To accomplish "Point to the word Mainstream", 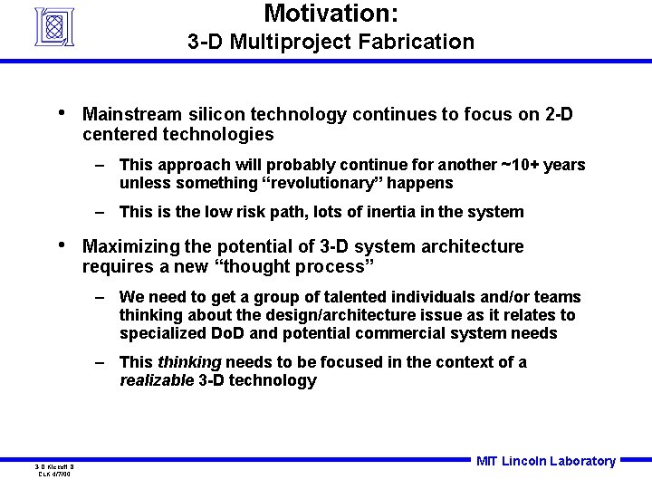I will click(132, 115).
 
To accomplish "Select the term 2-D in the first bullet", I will click(559, 115).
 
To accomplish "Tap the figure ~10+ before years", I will click(519, 165).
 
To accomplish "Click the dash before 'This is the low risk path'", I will click(102, 212).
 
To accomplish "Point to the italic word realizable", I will click(157, 380).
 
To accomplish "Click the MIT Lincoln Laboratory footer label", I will click(545, 461).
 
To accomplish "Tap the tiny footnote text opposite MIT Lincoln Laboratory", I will click(56, 470).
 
